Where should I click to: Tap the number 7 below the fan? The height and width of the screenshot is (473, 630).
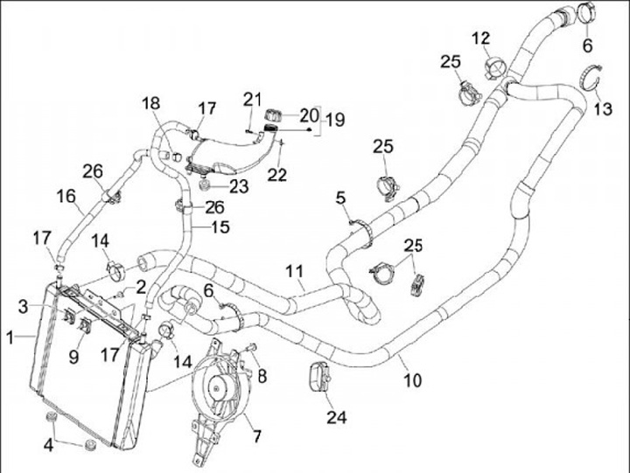click(257, 435)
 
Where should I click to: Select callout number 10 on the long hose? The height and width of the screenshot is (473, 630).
click(412, 380)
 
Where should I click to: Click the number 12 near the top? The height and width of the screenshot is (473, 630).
click(482, 38)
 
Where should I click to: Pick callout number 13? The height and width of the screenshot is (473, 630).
click(604, 109)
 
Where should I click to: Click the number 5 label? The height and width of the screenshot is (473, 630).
click(340, 198)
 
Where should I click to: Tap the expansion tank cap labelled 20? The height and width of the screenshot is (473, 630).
click(272, 115)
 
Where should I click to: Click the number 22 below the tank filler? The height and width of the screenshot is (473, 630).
click(277, 174)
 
